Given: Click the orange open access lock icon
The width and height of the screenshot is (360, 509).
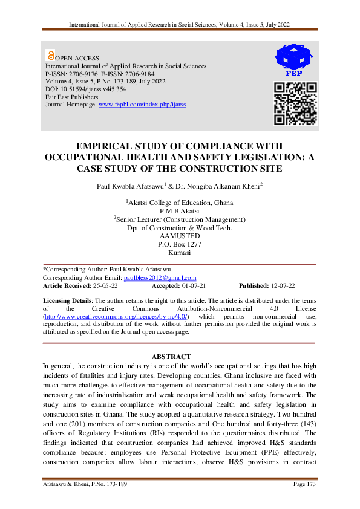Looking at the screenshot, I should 50,55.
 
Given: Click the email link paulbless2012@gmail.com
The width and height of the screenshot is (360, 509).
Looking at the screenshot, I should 160,277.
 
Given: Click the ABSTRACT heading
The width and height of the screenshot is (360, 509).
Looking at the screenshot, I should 171,357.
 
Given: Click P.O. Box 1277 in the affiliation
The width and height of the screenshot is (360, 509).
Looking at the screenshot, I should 179,244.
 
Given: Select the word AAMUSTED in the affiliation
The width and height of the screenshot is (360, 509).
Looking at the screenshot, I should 179,236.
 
